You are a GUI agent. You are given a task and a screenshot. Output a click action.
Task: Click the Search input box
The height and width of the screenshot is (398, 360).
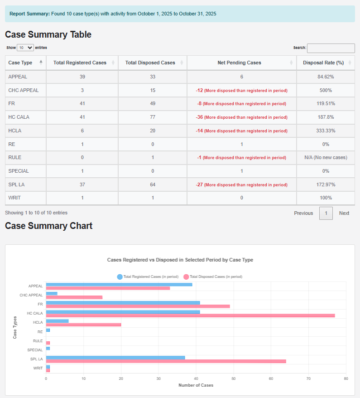(331, 48)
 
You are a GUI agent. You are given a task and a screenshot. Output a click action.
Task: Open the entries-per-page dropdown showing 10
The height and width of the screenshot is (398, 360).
(25, 48)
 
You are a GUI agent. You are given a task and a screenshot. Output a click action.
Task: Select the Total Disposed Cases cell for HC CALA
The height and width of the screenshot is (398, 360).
(153, 117)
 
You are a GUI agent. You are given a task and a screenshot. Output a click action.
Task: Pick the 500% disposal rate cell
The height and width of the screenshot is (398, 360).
(326, 90)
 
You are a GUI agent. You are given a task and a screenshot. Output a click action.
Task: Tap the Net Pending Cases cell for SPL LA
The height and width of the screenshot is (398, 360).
(241, 184)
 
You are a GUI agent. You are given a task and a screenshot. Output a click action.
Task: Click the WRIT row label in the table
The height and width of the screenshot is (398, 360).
(15, 198)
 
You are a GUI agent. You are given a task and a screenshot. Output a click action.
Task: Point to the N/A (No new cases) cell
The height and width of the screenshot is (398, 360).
(326, 157)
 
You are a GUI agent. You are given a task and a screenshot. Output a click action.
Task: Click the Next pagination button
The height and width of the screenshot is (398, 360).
(344, 213)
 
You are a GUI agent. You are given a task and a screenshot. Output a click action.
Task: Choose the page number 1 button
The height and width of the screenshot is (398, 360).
(326, 213)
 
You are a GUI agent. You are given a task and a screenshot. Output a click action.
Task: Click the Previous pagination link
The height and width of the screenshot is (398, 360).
(303, 213)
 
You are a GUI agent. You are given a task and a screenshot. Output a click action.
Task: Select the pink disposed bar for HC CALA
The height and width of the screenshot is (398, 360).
(190, 315)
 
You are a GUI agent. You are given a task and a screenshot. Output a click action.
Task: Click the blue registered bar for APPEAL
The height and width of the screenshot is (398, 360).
(119, 285)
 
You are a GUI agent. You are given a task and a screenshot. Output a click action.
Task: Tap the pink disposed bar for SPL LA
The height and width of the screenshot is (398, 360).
(166, 361)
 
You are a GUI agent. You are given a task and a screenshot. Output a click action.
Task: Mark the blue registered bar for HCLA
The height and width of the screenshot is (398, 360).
(58, 321)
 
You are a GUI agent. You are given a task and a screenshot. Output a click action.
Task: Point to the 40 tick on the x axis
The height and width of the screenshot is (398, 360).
(196, 379)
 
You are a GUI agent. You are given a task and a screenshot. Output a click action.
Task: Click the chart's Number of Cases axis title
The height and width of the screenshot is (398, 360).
(196, 385)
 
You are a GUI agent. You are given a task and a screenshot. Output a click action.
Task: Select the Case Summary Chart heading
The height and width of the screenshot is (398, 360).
(49, 226)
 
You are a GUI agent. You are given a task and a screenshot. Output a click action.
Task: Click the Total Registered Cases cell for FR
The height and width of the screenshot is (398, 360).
(82, 103)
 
